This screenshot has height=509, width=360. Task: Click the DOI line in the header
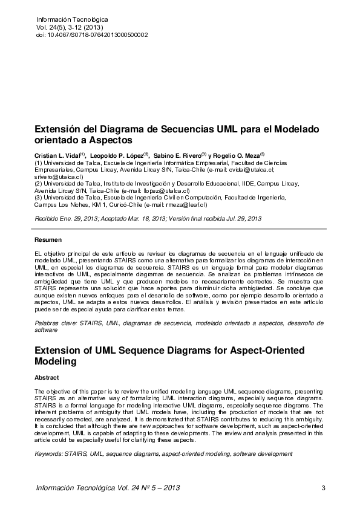92,35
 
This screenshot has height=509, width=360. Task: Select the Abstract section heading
47,377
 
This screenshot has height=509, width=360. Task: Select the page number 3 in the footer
324,488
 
